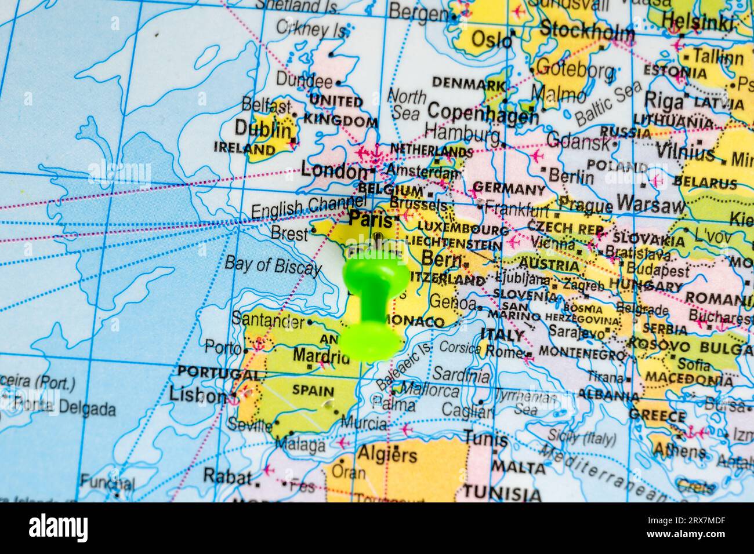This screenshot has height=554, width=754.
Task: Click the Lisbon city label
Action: (x=198, y=396)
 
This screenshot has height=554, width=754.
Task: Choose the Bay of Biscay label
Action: (x=273, y=266)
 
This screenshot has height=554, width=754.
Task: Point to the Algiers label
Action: (x=387, y=454)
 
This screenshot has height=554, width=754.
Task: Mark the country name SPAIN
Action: (x=313, y=391)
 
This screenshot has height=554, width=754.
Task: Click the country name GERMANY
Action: (x=509, y=189)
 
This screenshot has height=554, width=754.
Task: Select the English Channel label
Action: (x=308, y=207)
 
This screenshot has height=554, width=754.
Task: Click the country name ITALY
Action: (x=502, y=336)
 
